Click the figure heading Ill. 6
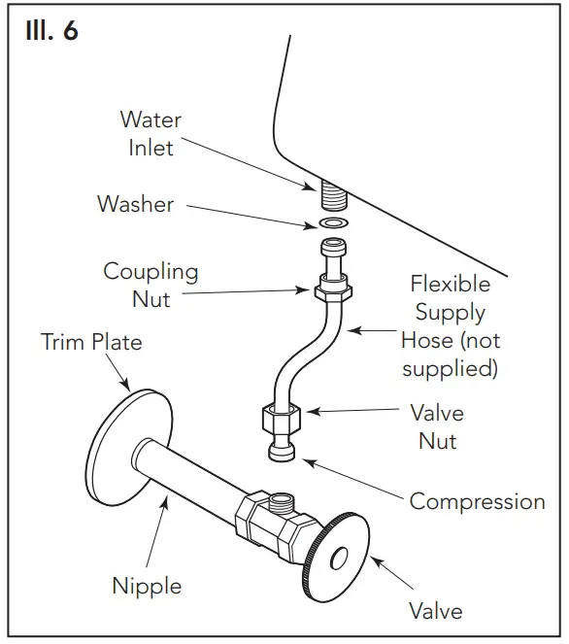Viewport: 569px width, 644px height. pos(50,31)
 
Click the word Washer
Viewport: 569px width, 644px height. pos(135,204)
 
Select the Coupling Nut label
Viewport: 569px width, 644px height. pos(151,286)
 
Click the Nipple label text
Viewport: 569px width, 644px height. pos(147,586)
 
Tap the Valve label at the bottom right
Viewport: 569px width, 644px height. pos(435,611)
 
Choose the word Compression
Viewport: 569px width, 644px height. pos(477,501)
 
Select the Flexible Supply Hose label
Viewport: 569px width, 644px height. pos(450,326)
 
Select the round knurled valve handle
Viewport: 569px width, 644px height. pos(336,559)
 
